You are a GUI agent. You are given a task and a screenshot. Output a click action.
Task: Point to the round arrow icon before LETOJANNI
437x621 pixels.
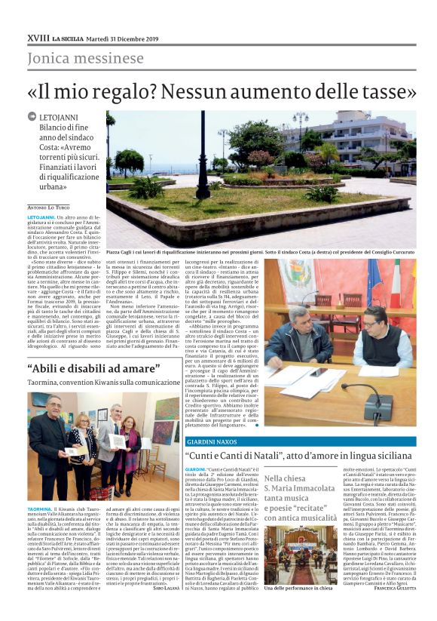pos(32,118)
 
